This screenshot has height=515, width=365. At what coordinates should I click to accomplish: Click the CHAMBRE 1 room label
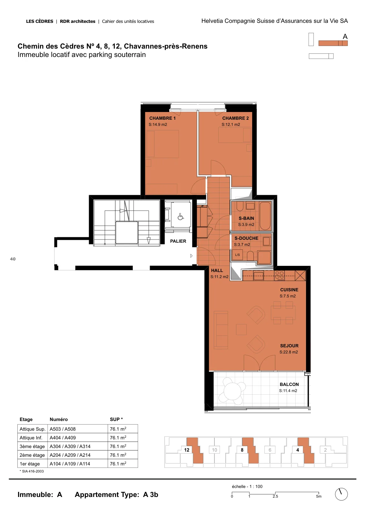click(x=163, y=118)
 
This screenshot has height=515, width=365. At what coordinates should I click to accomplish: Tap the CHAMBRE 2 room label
click(x=235, y=118)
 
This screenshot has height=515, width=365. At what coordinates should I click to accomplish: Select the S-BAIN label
click(x=246, y=218)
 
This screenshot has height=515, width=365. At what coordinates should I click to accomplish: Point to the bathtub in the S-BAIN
click(x=265, y=216)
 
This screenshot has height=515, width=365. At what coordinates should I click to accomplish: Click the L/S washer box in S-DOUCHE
click(x=237, y=255)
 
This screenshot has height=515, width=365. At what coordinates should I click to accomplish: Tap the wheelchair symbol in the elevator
click(x=181, y=216)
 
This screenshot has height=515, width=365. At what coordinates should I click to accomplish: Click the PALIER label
click(x=178, y=241)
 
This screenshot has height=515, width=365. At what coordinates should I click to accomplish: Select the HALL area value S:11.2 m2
click(x=219, y=277)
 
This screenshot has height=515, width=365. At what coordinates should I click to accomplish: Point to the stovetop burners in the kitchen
click(x=279, y=276)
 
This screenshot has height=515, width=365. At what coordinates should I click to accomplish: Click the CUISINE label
click(x=289, y=290)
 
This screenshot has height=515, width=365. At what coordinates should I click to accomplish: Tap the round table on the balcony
click(x=232, y=391)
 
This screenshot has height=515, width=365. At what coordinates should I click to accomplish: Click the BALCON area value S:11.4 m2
click(x=288, y=391)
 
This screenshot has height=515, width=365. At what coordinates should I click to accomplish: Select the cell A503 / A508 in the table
click(x=63, y=429)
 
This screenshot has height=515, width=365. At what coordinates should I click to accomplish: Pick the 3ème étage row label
click(x=32, y=446)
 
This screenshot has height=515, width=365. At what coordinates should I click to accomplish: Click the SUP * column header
click(x=116, y=419)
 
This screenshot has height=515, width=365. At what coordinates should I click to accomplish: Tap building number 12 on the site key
click(x=187, y=450)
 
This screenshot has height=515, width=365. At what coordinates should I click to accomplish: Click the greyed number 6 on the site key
click(x=270, y=450)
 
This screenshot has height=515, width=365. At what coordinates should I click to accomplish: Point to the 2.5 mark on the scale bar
click(x=275, y=496)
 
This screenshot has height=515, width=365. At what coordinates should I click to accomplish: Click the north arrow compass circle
click(x=341, y=494)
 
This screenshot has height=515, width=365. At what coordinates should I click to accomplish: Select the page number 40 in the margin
click(x=13, y=259)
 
